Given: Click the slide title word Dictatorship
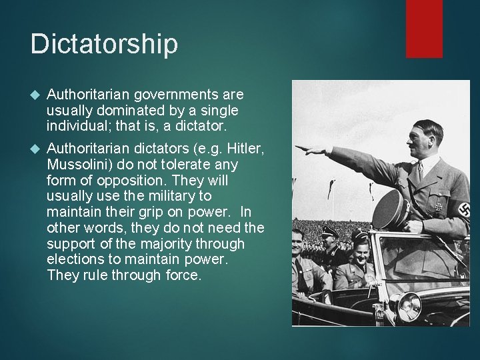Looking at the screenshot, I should pyautogui.click(x=104, y=44).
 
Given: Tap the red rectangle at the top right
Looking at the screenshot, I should pyautogui.click(x=424, y=28).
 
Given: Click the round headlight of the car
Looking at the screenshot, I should pyautogui.click(x=407, y=307).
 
